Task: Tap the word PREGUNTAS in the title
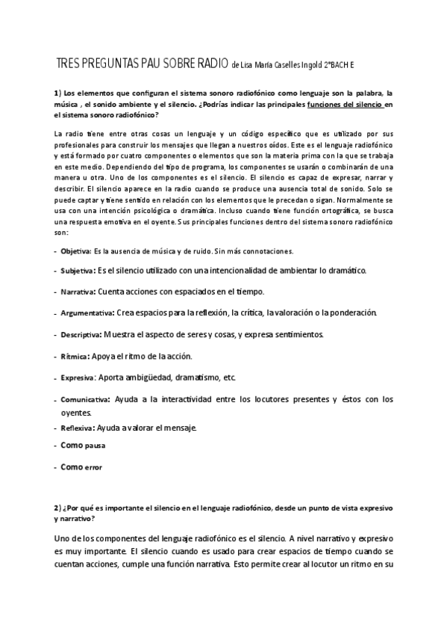110,64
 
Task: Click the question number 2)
57,508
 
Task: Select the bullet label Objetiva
75,250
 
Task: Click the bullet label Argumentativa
87,313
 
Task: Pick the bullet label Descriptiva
81,334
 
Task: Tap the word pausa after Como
95,446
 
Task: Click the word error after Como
93,468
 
